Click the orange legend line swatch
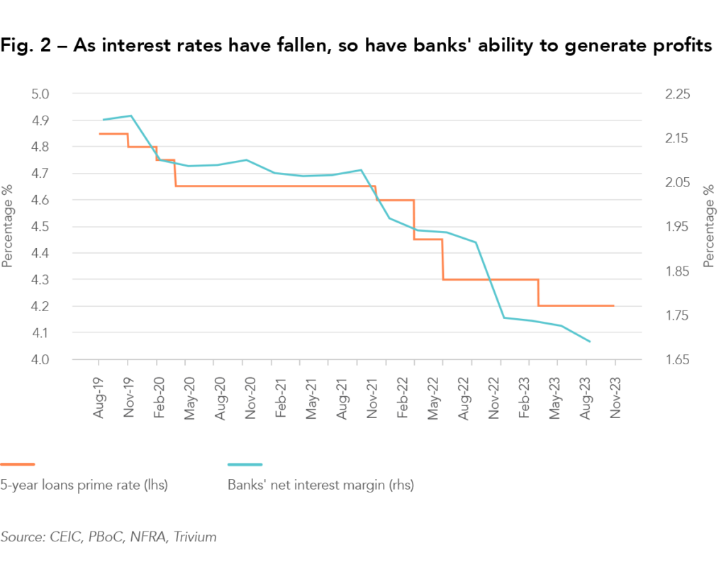[18, 464]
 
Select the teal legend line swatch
[245, 464]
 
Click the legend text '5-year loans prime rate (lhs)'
[84, 485]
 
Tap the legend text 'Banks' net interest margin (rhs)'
[320, 485]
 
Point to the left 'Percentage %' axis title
[8, 227]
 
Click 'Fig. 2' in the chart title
[22, 47]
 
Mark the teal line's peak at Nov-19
[130, 116]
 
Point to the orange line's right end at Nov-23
[613, 305]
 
